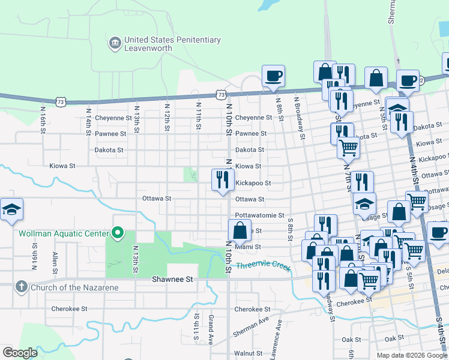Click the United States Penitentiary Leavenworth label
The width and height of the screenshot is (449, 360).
(172, 44)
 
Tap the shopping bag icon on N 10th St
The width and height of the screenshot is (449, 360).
(240, 231)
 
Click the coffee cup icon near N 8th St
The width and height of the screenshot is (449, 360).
(274, 76)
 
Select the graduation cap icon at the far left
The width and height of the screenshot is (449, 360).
(11, 209)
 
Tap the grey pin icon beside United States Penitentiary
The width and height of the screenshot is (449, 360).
(115, 43)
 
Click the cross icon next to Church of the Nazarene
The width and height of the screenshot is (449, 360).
(22, 287)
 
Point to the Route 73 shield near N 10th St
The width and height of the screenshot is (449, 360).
(222, 95)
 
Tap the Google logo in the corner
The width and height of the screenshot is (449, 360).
(20, 353)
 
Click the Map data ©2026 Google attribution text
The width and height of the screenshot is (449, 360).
(412, 355)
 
